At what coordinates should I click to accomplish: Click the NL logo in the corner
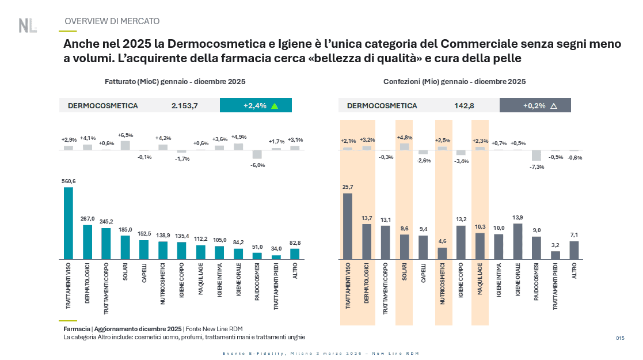pos(27,25)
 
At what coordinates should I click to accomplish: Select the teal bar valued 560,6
pos(69,223)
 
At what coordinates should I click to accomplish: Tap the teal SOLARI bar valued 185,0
pos(125,247)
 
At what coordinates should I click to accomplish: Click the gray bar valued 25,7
pos(348,226)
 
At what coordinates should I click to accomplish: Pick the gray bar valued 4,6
pos(442,253)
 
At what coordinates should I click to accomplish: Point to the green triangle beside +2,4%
pos(275,106)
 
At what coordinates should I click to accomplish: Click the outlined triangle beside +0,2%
pos(554,106)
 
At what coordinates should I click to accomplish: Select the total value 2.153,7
pos(184,106)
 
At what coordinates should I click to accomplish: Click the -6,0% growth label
pos(257,165)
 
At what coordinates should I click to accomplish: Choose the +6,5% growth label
pos(125,135)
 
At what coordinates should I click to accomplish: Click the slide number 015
pos(620,338)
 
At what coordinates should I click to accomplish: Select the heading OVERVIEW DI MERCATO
pos(112,21)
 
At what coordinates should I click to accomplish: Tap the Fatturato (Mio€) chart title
pos(175,82)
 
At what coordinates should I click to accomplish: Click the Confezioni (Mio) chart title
pos(454,82)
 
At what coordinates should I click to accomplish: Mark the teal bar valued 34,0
pos(276,257)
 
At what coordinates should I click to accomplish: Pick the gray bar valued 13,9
pos(518,241)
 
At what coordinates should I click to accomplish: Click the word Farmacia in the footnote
pos(77,328)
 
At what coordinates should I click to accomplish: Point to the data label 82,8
pos(295,243)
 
